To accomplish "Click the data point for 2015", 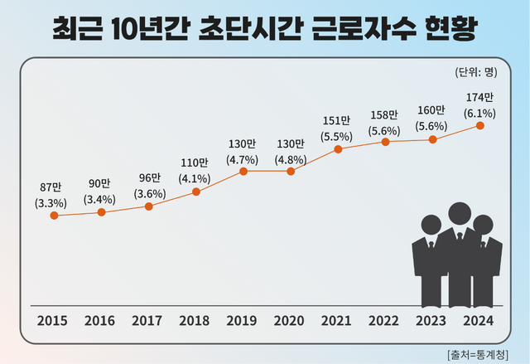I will tap(54, 216).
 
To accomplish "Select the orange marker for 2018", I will tap(196, 192).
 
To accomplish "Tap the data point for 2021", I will tap(338, 149).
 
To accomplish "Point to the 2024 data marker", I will tap(479, 126).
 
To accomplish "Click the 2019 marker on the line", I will tap(243, 172).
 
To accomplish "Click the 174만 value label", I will tap(479, 97).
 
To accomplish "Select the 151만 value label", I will tap(337, 119).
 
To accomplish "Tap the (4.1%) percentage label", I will tap(195, 177).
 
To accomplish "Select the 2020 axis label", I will tap(290, 322).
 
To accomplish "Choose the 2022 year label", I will tap(384, 322).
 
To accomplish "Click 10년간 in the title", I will tap(151, 30).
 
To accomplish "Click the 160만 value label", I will tap(432, 111).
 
